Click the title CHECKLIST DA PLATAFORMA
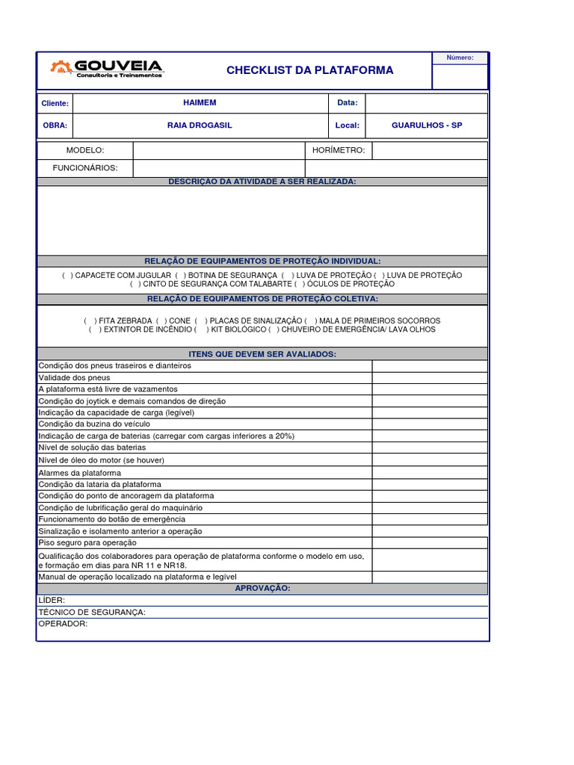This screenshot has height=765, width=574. coord(309,70)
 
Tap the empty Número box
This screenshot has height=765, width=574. coord(460,76)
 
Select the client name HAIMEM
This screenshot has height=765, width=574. coord(200,102)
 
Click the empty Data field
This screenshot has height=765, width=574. coord(426,103)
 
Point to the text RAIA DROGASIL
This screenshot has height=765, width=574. coord(200,126)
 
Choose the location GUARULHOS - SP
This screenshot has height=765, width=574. coord(427,126)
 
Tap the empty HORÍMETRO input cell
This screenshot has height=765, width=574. coord(429,151)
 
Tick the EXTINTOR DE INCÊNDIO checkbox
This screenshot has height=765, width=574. coord(95,329)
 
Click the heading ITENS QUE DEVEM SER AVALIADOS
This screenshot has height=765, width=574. coord(262,353)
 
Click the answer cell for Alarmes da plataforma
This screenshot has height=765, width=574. coord(430,473)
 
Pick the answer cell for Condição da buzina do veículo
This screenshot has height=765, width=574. coord(430,424)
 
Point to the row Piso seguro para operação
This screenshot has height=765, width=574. coord(87,543)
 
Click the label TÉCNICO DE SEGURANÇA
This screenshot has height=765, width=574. coord(92,613)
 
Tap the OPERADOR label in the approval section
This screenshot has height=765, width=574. coord(63,624)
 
